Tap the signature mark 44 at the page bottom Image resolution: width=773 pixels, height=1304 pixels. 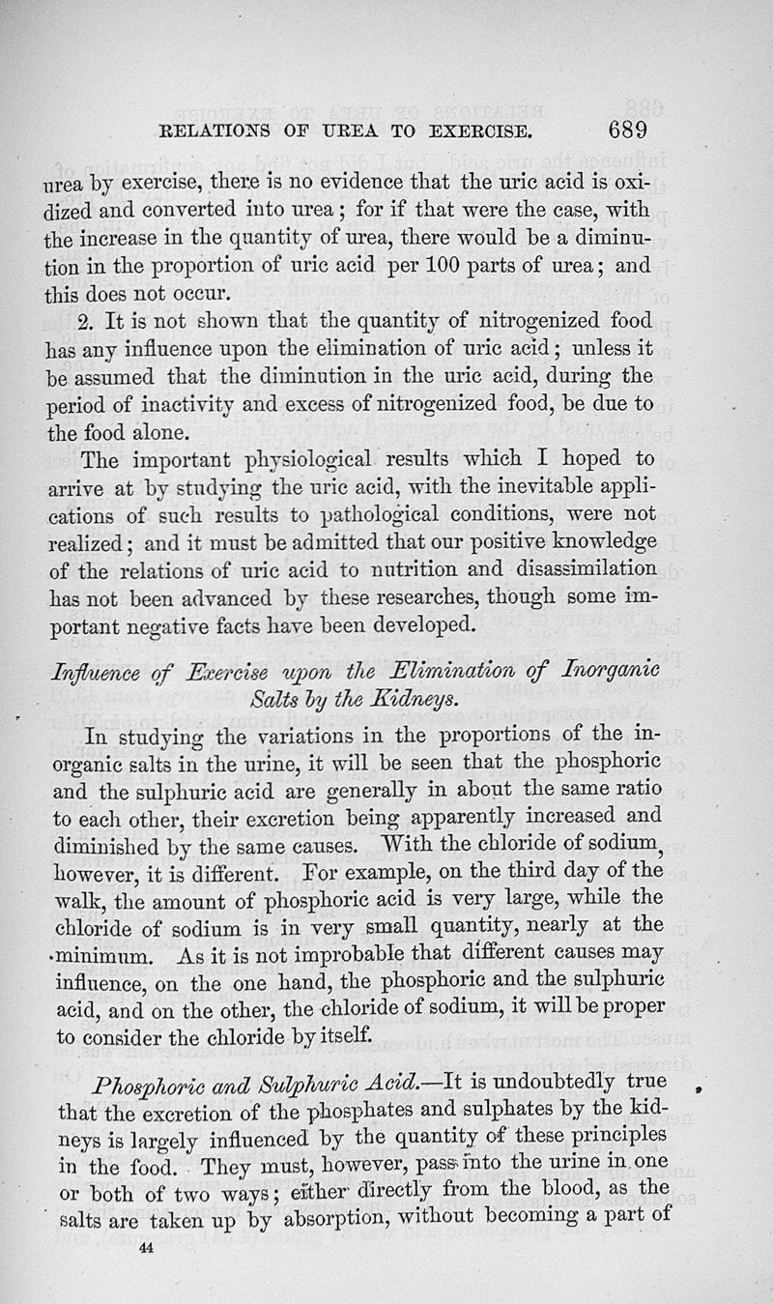[147, 1249]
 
